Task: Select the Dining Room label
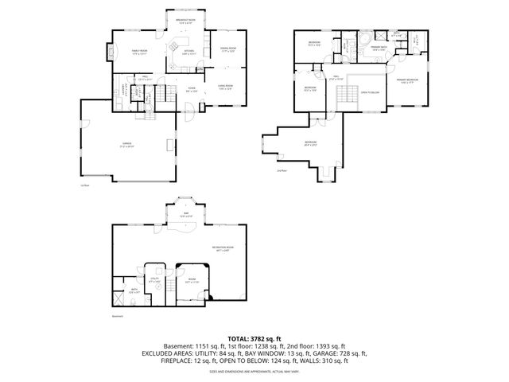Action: tap(228, 50)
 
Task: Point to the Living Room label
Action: tap(225, 87)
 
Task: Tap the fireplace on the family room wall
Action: tap(109, 53)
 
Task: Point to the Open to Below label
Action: tap(370, 92)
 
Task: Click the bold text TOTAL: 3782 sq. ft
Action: tap(254, 337)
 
